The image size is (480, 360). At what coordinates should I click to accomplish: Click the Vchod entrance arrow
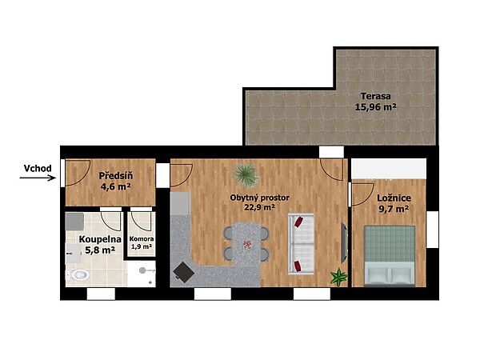coord(38,178)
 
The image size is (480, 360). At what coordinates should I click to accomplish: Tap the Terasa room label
coord(376,96)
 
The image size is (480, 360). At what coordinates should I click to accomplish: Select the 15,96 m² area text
coord(376,107)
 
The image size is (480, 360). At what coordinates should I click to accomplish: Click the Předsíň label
coord(116,176)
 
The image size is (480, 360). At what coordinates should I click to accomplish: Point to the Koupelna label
coord(100,239)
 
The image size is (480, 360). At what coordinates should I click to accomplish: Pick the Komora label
coord(142,238)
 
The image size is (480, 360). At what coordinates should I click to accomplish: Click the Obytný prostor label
coord(259,198)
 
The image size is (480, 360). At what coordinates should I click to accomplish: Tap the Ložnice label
coord(394,198)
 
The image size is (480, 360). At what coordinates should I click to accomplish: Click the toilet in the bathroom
coord(78,275)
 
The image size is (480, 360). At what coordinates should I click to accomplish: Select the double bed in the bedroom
coord(390,256)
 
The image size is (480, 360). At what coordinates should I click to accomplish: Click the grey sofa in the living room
coord(302,244)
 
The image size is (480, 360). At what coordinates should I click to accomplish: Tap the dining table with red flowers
coord(246,243)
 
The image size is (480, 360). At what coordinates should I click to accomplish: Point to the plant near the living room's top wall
coord(246,174)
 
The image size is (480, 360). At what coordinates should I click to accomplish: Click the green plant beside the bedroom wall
coord(339,277)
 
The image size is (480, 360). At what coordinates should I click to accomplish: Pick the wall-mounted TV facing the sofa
coord(344,242)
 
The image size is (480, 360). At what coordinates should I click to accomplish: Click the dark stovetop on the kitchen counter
coord(184,272)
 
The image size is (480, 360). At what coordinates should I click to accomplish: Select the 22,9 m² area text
coord(259,207)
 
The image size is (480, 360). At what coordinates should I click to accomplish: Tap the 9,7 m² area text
coord(394,209)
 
